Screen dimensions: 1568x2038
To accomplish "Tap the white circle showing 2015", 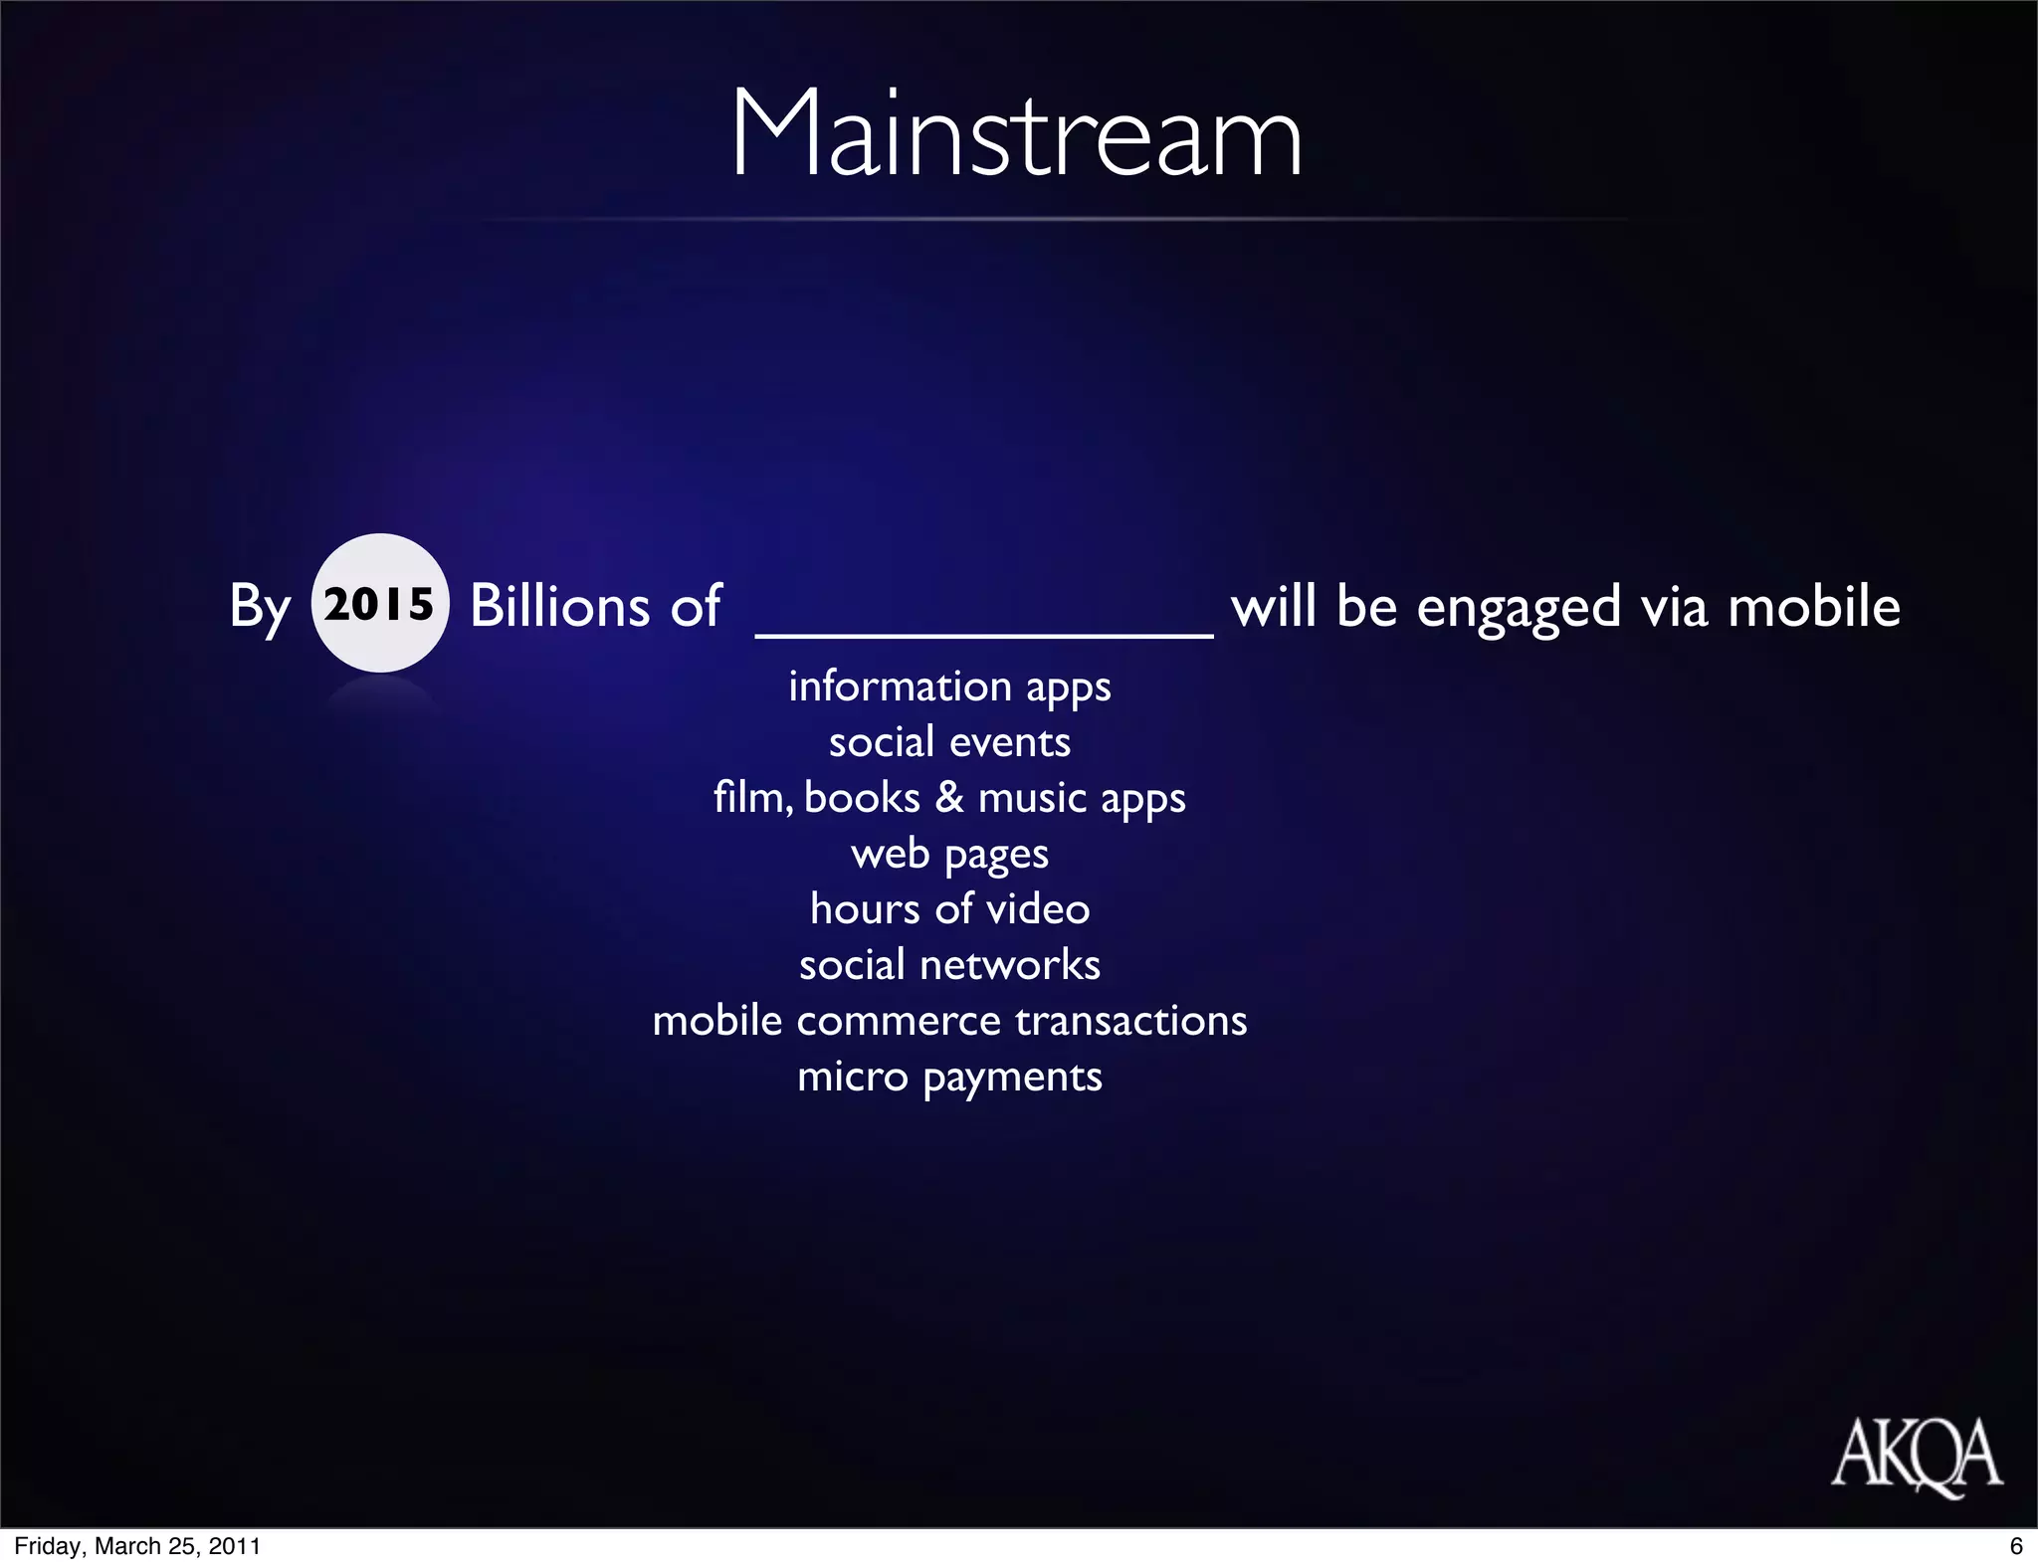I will (x=379, y=603).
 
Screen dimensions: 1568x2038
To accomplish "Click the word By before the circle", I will (x=260, y=606).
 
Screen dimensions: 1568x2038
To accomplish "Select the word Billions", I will (x=559, y=605).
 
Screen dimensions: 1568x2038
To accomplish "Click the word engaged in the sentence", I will (x=1519, y=607).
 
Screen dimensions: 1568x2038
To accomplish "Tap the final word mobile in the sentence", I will (x=1813, y=605).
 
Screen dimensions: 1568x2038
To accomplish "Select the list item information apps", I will (x=949, y=686).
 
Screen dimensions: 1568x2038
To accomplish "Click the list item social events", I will (x=949, y=742).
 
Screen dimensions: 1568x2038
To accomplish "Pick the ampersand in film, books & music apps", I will (x=949, y=798).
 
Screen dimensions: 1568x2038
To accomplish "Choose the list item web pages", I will (x=949, y=854).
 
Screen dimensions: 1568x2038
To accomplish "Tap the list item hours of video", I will (x=949, y=909).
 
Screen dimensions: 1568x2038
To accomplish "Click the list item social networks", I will (x=949, y=965).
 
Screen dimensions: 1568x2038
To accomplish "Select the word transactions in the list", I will (x=1130, y=1021).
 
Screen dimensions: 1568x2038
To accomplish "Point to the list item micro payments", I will (x=949, y=1077).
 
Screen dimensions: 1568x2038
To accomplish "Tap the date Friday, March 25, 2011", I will (x=137, y=1546).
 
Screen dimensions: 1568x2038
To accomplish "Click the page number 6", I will (x=2016, y=1546).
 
